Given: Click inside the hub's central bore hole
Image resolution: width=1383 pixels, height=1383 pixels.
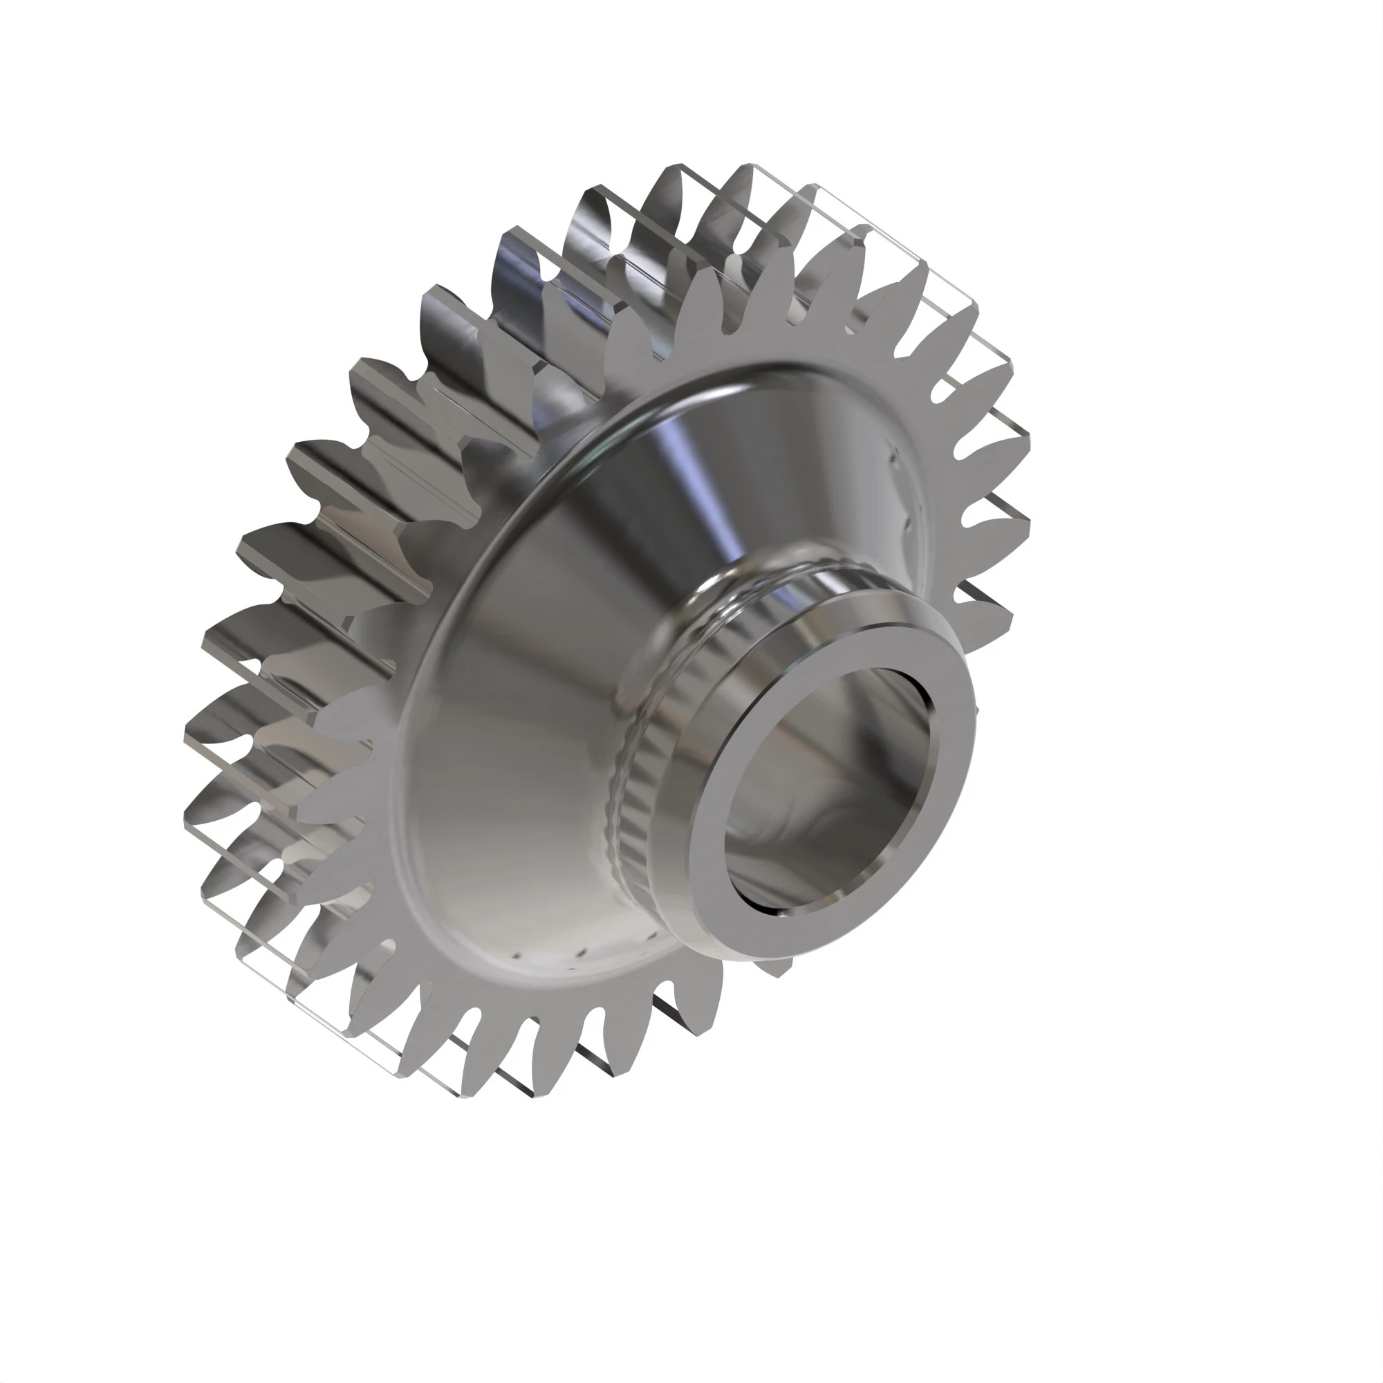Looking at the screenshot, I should [823, 788].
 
